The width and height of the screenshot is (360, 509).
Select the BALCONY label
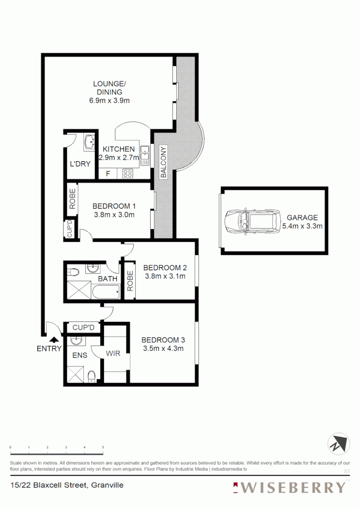164,163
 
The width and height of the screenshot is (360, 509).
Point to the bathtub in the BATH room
106,292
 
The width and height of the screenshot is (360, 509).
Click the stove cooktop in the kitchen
128,173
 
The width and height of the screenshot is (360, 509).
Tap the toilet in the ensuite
92,375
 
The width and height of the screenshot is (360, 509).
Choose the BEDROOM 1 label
114,206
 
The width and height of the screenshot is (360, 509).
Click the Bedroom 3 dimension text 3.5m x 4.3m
163,348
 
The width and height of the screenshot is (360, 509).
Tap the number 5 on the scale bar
103,447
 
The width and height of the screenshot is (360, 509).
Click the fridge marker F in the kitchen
108,173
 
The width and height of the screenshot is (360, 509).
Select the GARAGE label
302,218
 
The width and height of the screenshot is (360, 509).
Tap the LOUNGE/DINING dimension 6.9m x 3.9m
110,100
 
